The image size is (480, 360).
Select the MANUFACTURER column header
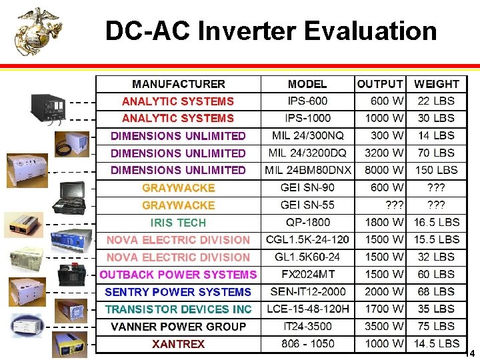[x=178, y=84]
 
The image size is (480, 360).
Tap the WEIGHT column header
[x=436, y=84]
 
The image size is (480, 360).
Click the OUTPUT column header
[x=380, y=84]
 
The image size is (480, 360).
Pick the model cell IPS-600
[x=307, y=101]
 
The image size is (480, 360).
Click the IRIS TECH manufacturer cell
[x=178, y=223]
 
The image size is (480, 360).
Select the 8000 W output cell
[x=384, y=170]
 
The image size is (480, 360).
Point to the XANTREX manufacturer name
[x=178, y=344]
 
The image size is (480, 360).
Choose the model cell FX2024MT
[x=307, y=274]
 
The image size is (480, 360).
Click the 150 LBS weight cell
[x=436, y=170]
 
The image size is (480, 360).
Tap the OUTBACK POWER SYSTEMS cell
[x=178, y=275]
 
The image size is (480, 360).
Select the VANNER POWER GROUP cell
[x=178, y=327]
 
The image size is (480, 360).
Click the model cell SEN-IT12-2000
[x=307, y=292]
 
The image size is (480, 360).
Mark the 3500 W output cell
[x=384, y=327]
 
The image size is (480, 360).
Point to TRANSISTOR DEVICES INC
[x=178, y=309]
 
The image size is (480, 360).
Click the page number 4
[x=472, y=353]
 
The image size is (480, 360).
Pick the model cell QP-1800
[x=307, y=223]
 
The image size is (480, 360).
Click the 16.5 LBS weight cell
[x=436, y=223]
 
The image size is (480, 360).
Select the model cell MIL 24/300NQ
[x=307, y=135]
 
